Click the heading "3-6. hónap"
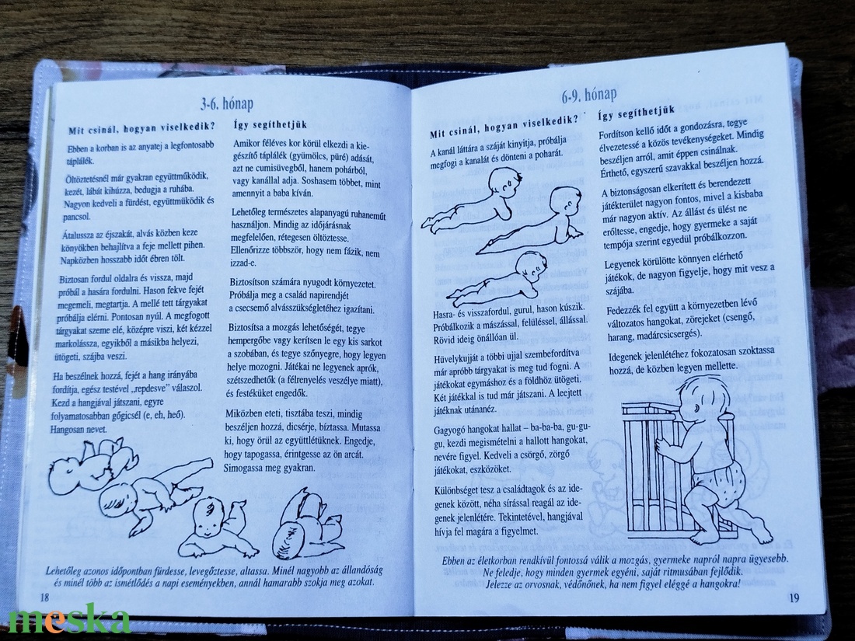pyautogui.click(x=226, y=103)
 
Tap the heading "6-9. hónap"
pyautogui.click(x=589, y=96)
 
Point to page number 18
pyautogui.click(x=45, y=597)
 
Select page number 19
pyautogui.click(x=794, y=598)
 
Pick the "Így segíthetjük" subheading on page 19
pyautogui.click(x=637, y=113)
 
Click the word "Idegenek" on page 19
pyautogui.click(x=627, y=357)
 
